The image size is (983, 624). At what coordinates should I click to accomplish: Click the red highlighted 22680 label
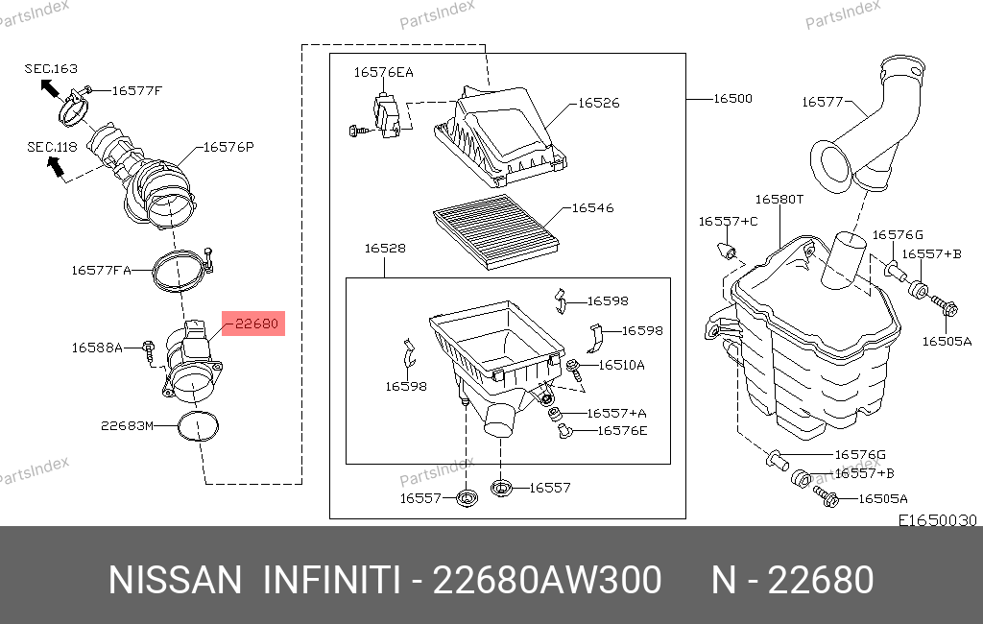253,324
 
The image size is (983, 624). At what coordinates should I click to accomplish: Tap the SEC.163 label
51,68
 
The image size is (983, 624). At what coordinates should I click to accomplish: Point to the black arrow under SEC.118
56,165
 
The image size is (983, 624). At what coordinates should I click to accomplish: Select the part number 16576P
228,147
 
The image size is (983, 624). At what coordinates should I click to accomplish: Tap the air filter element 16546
495,231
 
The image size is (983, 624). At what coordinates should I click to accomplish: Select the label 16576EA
384,72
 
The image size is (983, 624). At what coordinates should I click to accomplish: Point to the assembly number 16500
732,99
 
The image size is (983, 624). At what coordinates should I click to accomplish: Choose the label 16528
385,249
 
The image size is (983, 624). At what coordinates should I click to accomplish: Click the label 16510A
621,365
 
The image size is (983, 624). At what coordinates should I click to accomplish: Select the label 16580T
779,200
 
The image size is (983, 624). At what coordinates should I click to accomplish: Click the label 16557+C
728,222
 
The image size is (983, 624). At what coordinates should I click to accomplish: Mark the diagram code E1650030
937,520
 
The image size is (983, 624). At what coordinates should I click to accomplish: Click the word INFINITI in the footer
331,580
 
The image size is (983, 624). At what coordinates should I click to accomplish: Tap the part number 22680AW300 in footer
547,580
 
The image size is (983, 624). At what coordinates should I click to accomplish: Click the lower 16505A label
883,498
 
